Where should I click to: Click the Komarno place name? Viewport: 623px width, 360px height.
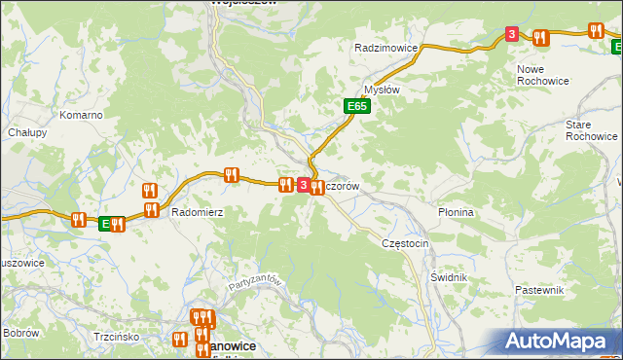pos(81,115)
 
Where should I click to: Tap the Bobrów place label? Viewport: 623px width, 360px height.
pos(19,333)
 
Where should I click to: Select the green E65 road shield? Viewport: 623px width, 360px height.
pos(356,106)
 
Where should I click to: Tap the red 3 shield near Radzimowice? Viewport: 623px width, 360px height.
pos(512,35)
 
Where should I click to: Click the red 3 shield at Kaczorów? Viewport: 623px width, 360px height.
pos(303,185)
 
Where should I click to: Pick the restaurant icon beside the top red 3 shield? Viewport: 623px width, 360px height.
pos(540,38)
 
